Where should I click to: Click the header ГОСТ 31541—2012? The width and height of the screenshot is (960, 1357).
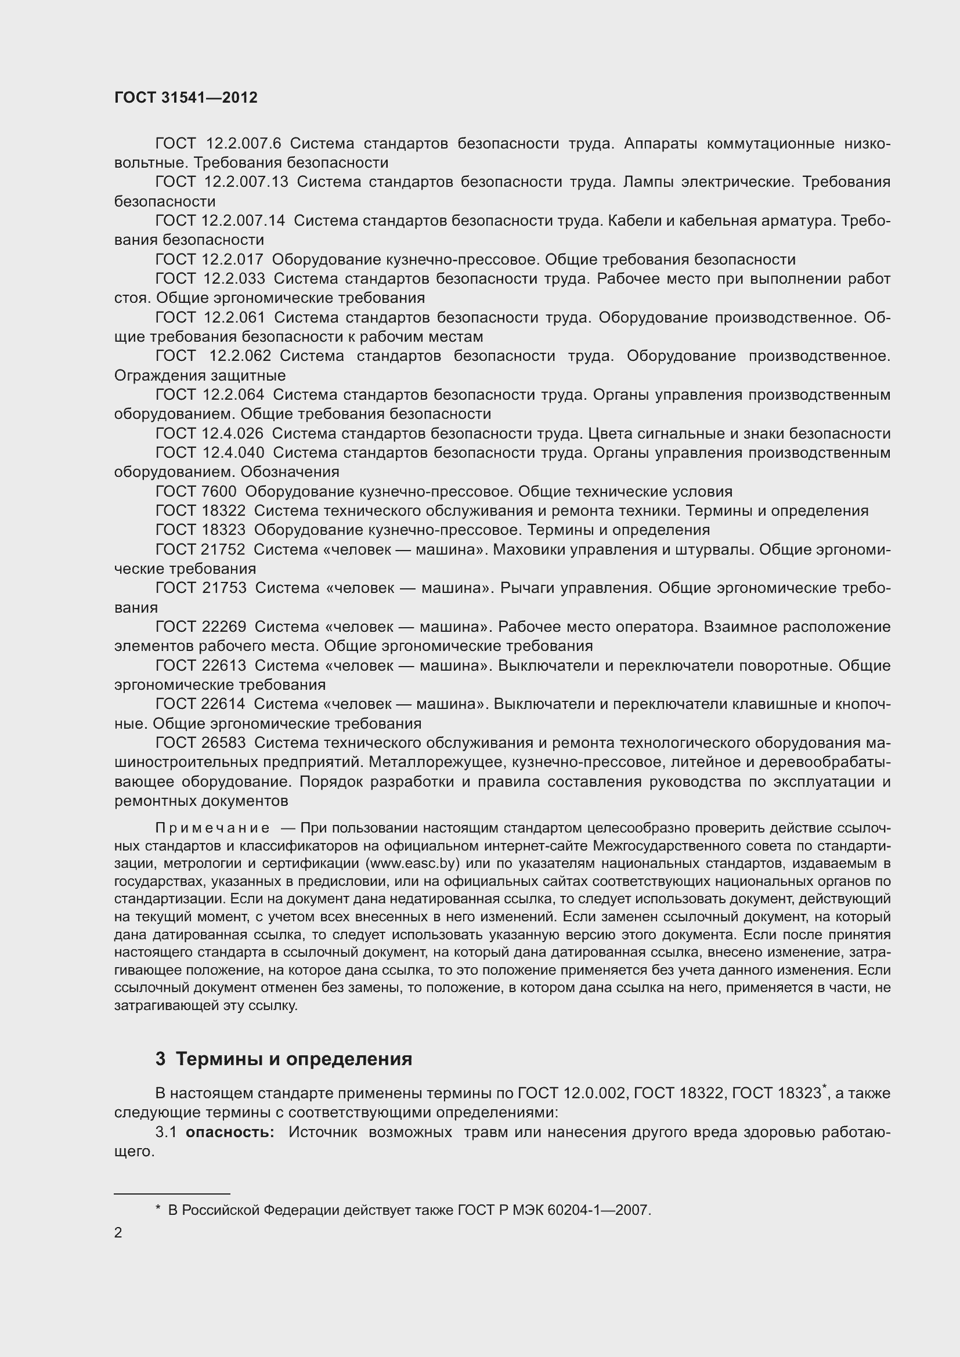[x=186, y=97]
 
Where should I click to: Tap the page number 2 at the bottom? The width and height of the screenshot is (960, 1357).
[x=118, y=1233]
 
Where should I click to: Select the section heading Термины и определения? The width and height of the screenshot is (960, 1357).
[x=294, y=1059]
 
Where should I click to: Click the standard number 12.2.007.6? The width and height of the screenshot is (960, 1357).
[x=244, y=143]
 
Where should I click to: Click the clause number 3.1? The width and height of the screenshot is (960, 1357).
[x=166, y=1132]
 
